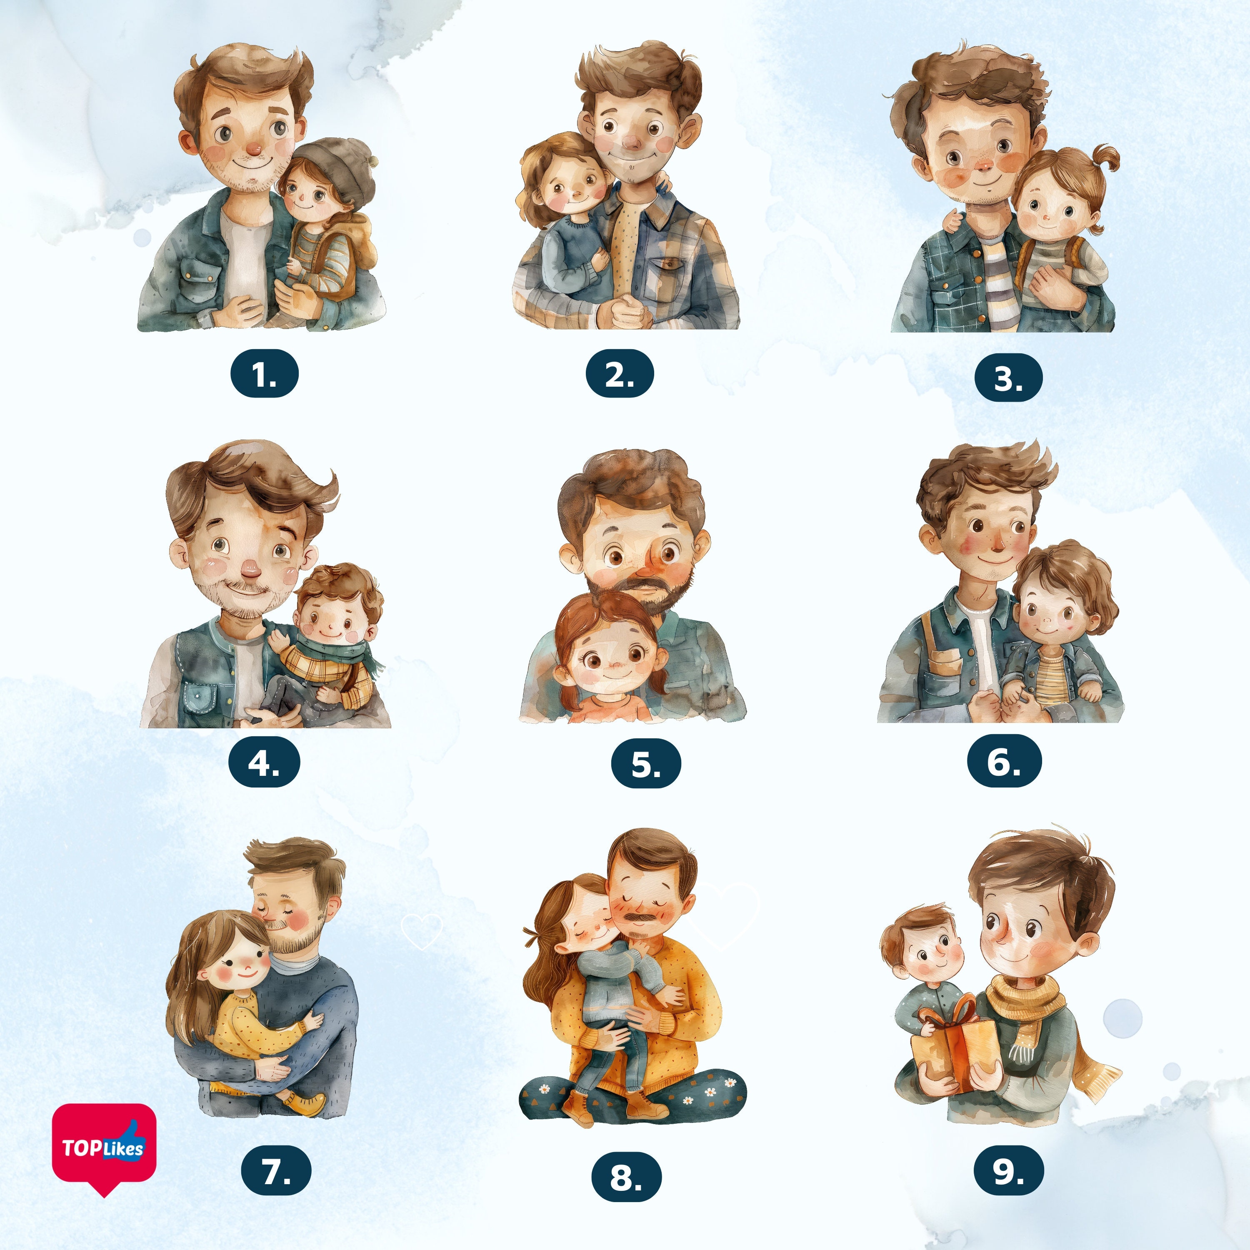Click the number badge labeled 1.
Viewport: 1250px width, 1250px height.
click(x=264, y=373)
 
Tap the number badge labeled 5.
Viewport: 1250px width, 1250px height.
click(x=646, y=763)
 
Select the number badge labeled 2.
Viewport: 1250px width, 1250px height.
click(x=619, y=373)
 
